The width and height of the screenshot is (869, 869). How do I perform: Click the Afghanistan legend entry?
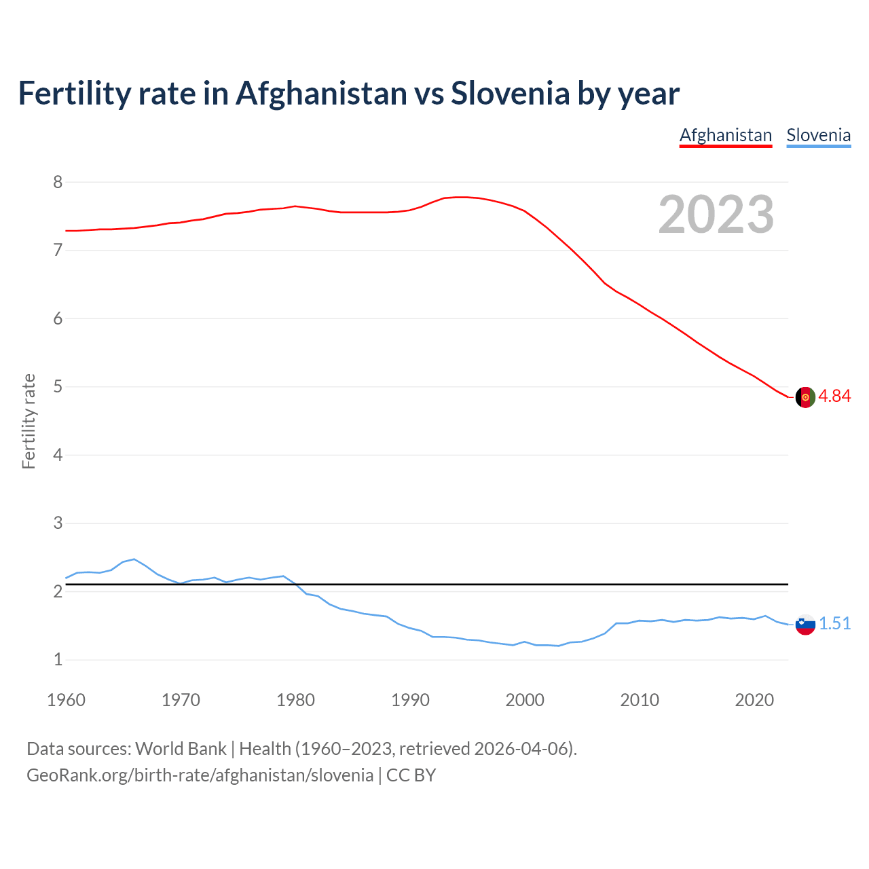pyautogui.click(x=726, y=135)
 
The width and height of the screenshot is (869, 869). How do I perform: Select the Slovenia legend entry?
pyautogui.click(x=818, y=135)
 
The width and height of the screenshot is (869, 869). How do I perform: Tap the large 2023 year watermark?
pyautogui.click(x=716, y=215)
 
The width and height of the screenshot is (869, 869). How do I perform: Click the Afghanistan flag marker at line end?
pyautogui.click(x=805, y=397)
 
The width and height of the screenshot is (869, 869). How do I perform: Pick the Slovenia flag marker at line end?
pyautogui.click(x=805, y=624)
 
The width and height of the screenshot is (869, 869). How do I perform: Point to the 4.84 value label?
pyautogui.click(x=834, y=396)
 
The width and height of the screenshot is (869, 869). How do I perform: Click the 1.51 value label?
pyautogui.click(x=834, y=623)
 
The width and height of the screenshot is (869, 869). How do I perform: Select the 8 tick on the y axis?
pyautogui.click(x=58, y=182)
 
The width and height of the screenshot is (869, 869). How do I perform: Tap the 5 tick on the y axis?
pyautogui.click(x=58, y=387)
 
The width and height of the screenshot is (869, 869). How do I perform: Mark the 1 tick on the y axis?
pyautogui.click(x=58, y=660)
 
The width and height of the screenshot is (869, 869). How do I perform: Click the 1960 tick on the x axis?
pyautogui.click(x=66, y=700)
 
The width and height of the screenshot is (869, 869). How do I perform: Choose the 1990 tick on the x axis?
pyautogui.click(x=410, y=700)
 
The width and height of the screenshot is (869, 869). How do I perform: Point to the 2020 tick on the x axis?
pyautogui.click(x=754, y=700)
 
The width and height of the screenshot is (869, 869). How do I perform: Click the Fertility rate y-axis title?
pyautogui.click(x=29, y=421)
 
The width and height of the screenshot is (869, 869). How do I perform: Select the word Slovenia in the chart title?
pyautogui.click(x=510, y=93)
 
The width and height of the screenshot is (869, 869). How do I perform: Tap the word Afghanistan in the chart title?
pyautogui.click(x=321, y=93)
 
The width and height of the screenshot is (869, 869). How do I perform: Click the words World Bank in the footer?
pyautogui.click(x=181, y=749)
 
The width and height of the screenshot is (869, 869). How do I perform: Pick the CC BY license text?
pyautogui.click(x=411, y=775)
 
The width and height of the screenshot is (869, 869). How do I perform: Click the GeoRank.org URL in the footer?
pyautogui.click(x=200, y=775)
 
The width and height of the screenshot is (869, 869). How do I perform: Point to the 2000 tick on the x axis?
pyautogui.click(x=525, y=700)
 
